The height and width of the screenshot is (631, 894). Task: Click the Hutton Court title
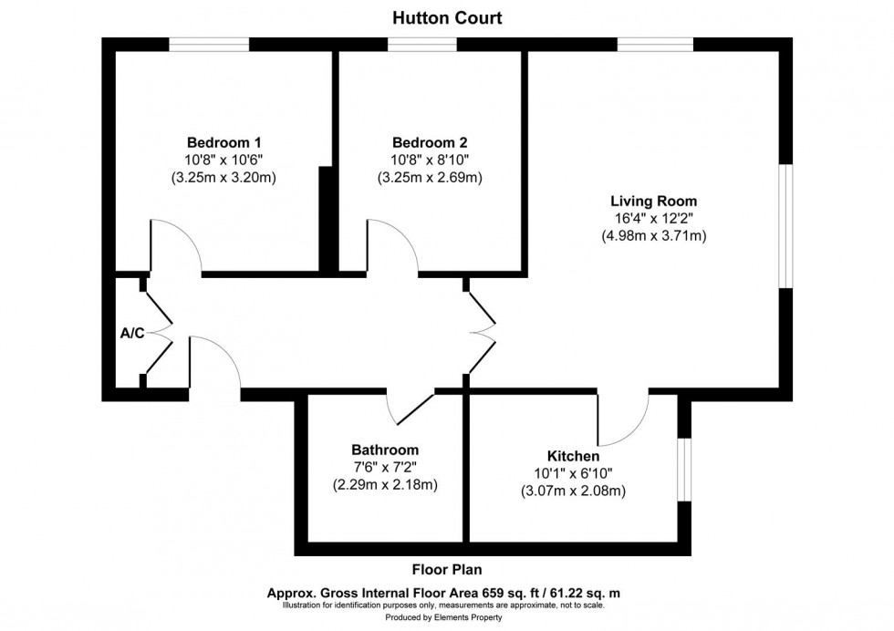pyautogui.click(x=447, y=17)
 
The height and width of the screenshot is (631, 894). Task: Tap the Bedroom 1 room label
pyautogui.click(x=223, y=142)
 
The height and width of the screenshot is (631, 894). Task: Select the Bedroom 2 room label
pyautogui.click(x=430, y=142)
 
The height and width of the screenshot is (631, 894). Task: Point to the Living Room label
pyautogui.click(x=654, y=200)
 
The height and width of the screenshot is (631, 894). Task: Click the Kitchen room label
pyautogui.click(x=572, y=456)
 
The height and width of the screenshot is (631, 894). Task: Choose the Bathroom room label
pyautogui.click(x=385, y=450)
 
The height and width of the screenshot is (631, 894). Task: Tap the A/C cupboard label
pyautogui.click(x=132, y=333)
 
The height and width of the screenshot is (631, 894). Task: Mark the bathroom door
pyautogui.click(x=410, y=409)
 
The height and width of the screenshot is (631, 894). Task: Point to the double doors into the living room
pyautogui.click(x=481, y=333)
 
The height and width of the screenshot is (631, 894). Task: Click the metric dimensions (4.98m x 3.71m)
pyautogui.click(x=654, y=235)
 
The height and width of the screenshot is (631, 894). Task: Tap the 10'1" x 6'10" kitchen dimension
pyautogui.click(x=572, y=473)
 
